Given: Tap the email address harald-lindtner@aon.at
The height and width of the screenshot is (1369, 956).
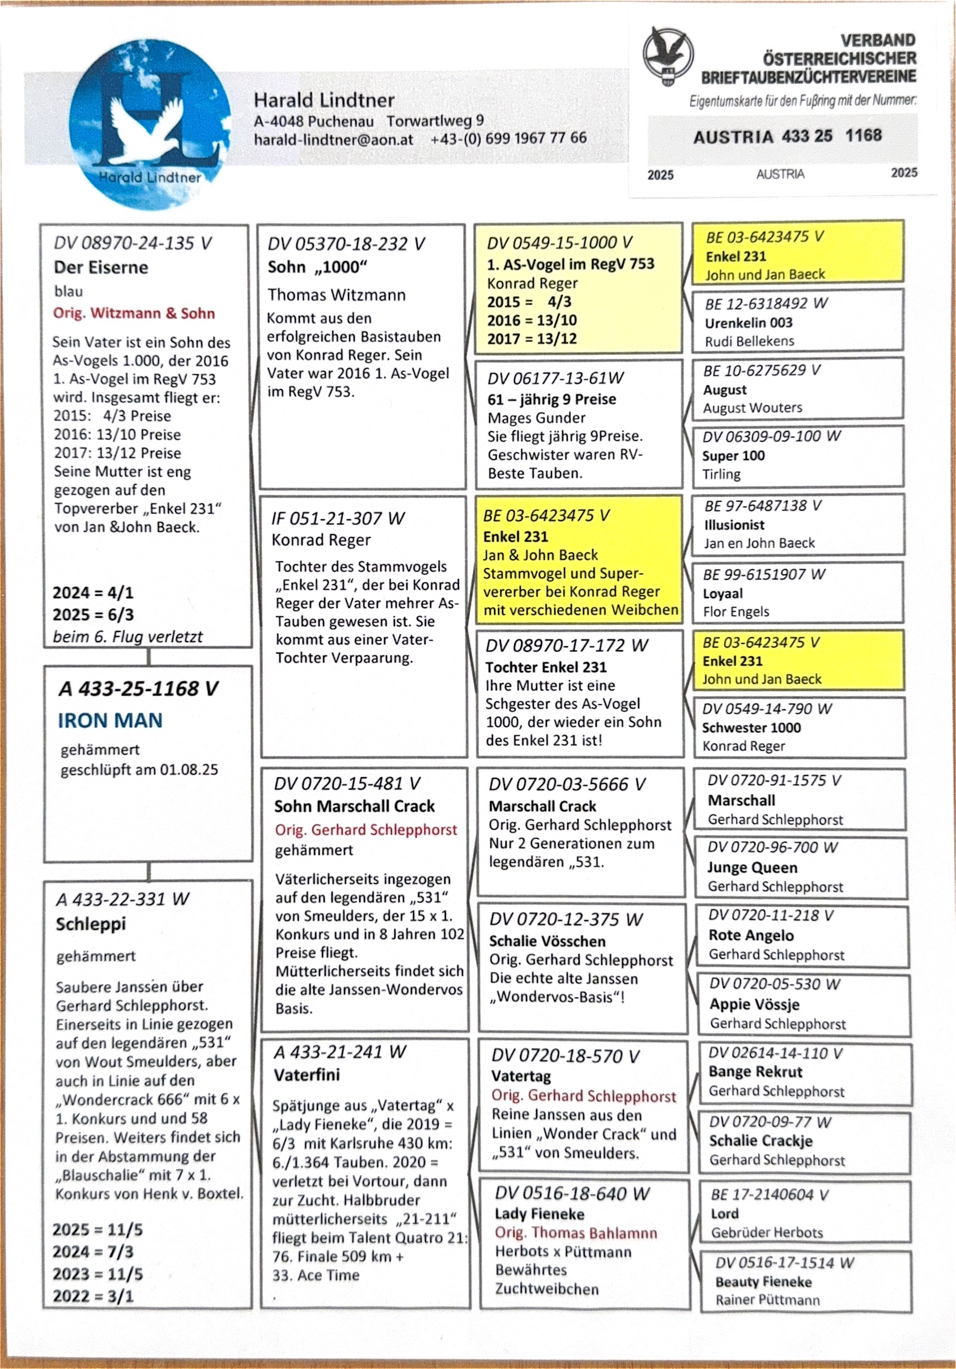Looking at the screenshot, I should pos(333,139).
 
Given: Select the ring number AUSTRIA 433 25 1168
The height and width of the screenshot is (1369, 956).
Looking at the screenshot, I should pos(787,136).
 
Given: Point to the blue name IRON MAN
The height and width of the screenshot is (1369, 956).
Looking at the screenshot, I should pos(111,720).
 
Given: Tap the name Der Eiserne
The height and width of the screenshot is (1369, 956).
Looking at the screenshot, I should pos(101,267).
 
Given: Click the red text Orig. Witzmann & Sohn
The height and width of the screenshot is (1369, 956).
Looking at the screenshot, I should pos(134,313).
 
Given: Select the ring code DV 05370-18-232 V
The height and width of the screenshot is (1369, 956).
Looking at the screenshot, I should pos(346,244).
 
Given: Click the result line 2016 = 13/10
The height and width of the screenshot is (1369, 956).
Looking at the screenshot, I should pos(532,320).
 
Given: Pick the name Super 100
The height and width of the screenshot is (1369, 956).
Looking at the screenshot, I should pos(733,456).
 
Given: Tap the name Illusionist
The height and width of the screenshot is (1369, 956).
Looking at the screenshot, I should pos(734,525).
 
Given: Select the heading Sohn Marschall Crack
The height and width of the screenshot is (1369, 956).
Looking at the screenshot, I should pos(354,806).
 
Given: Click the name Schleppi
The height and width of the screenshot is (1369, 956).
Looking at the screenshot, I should pos(91,923).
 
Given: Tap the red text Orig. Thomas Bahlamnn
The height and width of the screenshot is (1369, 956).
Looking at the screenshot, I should pos(576,1232).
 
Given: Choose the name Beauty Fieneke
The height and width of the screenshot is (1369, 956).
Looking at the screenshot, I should pos(763,1281).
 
